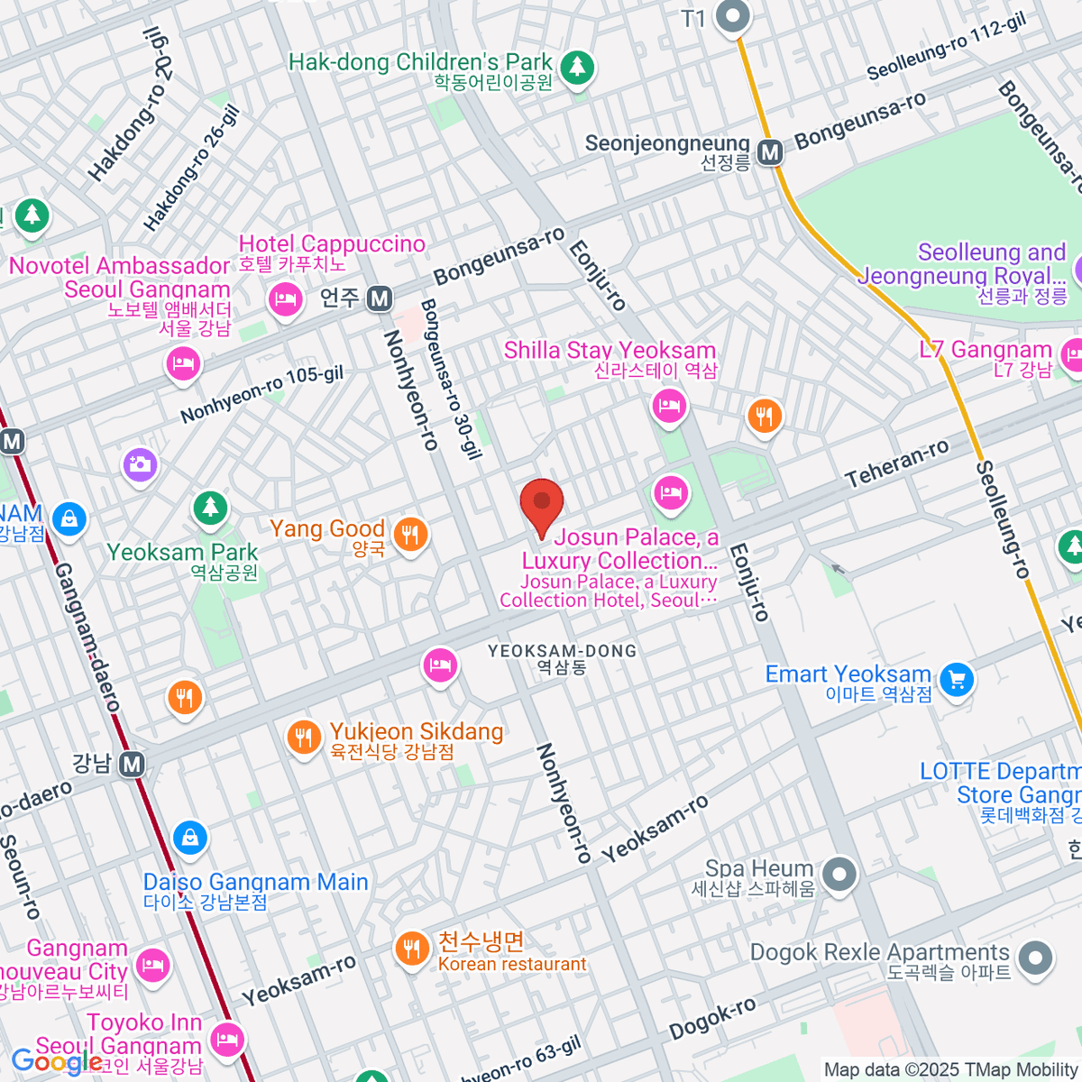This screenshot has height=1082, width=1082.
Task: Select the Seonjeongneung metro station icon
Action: coord(770,152)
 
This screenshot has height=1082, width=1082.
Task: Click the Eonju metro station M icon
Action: coord(381,298)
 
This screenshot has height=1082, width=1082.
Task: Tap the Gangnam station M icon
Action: coord(133,765)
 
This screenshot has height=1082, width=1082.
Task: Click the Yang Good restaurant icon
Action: coord(410,534)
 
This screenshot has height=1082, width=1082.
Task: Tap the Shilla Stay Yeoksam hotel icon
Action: coord(669,407)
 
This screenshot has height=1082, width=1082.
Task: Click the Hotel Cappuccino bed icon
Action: coord(286,298)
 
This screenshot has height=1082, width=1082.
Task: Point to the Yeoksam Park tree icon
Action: coord(210,508)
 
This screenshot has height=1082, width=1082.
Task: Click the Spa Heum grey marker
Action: coord(839,874)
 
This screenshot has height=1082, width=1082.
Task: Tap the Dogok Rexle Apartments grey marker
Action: coord(1035,958)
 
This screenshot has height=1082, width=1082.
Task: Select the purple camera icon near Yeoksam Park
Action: coord(140,465)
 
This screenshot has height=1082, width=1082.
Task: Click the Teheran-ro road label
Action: coord(897,463)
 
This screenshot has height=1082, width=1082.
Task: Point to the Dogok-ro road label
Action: coord(712,1019)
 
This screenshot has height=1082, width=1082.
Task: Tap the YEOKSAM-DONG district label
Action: coord(562,651)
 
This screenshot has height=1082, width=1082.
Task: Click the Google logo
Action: coord(57,1062)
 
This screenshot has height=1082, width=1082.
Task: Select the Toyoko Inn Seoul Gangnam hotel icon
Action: coord(226,1039)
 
